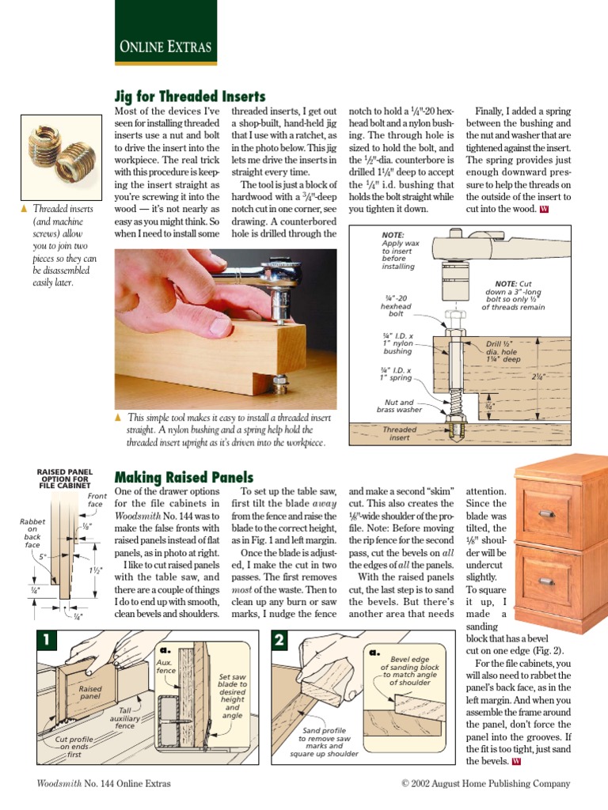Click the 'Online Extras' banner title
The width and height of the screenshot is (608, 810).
[x=165, y=47]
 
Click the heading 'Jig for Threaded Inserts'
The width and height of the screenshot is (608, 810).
[x=190, y=97]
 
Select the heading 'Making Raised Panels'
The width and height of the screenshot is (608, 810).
[x=184, y=477]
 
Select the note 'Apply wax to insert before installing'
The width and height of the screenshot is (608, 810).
[x=397, y=251]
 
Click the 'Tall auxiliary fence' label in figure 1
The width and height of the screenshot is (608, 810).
[x=125, y=717]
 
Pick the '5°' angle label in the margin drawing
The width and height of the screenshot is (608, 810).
[x=44, y=555]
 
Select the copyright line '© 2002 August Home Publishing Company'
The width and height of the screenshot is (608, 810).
[x=485, y=783]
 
